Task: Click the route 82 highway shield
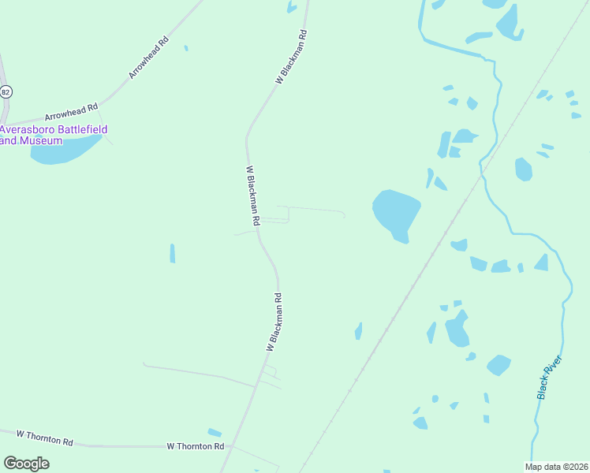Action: (6, 91)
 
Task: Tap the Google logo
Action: (26, 464)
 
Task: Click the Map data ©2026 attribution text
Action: (555, 466)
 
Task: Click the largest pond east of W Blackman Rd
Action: (395, 212)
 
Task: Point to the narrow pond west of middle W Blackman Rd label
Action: (172, 253)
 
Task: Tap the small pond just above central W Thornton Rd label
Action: (215, 432)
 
